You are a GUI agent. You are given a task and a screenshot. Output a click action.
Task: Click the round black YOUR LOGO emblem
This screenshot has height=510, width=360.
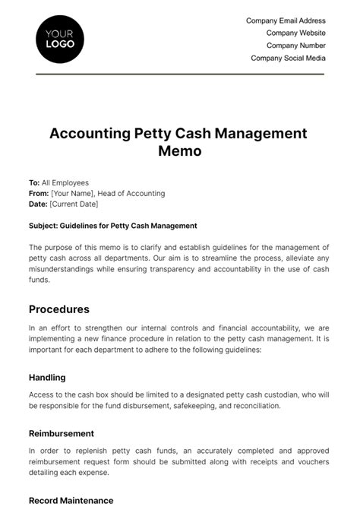pyautogui.click(x=60, y=40)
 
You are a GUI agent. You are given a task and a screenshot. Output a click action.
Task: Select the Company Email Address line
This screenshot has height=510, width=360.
pyautogui.click(x=286, y=21)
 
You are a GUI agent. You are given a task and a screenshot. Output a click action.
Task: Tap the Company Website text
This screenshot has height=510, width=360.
pyautogui.click(x=295, y=33)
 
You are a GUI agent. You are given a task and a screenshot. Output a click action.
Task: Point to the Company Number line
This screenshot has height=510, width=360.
pyautogui.click(x=295, y=46)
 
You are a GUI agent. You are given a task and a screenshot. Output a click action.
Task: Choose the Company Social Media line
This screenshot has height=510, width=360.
pyautogui.click(x=288, y=58)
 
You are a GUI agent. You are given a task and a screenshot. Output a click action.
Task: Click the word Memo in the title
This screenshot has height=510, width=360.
pyautogui.click(x=179, y=150)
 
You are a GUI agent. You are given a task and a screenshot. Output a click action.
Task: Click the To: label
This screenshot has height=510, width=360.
pyautogui.click(x=34, y=183)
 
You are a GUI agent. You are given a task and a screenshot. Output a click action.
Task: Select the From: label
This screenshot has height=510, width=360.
pyautogui.click(x=39, y=194)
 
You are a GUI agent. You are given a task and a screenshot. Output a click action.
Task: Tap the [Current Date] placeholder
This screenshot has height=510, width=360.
pyautogui.click(x=74, y=204)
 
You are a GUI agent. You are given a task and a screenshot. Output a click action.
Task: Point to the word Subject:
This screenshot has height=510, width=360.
pyautogui.click(x=45, y=226)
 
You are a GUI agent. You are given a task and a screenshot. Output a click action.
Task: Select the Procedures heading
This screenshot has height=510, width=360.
pyautogui.click(x=59, y=309)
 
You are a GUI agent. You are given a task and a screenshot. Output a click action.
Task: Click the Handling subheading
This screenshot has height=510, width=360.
pyautogui.click(x=47, y=377)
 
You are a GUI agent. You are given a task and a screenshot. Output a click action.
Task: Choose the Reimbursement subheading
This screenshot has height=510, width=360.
pyautogui.click(x=62, y=433)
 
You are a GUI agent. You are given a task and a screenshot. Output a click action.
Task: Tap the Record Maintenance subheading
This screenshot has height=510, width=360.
pyautogui.click(x=71, y=501)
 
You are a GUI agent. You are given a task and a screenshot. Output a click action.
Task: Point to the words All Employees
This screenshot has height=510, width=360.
pyautogui.click(x=65, y=183)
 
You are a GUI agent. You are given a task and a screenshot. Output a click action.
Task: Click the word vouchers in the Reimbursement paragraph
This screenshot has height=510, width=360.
pyautogui.click(x=308, y=461)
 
